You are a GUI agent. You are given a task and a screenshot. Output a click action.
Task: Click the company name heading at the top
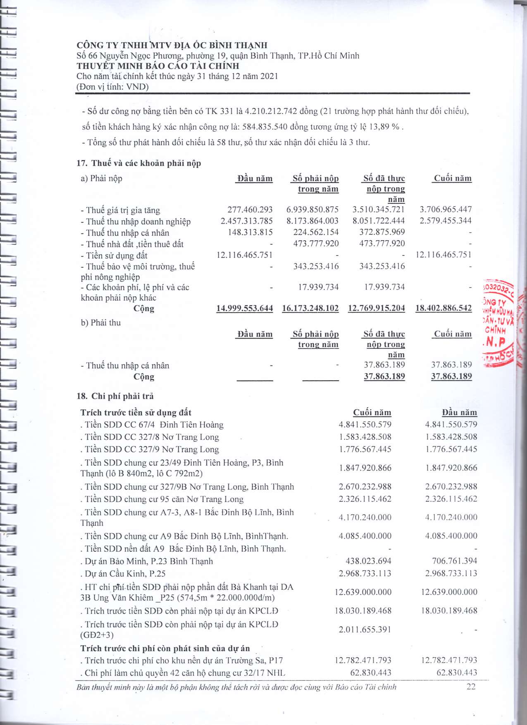172,45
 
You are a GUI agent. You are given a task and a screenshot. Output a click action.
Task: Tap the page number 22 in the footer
471,687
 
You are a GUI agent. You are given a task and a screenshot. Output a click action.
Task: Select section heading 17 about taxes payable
139,163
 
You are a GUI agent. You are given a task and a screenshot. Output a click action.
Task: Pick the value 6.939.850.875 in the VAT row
312,210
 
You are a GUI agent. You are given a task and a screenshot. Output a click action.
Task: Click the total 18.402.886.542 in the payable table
444,308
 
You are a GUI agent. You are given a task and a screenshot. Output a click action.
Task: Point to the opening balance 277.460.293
250,210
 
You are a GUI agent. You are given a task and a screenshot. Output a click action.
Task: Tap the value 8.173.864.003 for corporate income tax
312,221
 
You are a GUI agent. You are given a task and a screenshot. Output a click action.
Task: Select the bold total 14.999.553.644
245,308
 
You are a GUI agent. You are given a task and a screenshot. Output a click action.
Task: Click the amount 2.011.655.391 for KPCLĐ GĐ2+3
365,630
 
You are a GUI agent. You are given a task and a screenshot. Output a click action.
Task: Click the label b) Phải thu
101,323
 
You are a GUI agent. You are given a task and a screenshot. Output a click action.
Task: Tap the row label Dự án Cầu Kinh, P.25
123,574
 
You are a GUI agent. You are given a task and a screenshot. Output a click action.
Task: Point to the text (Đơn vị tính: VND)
112,87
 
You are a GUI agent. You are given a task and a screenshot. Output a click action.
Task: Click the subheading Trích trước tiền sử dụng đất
136,413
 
